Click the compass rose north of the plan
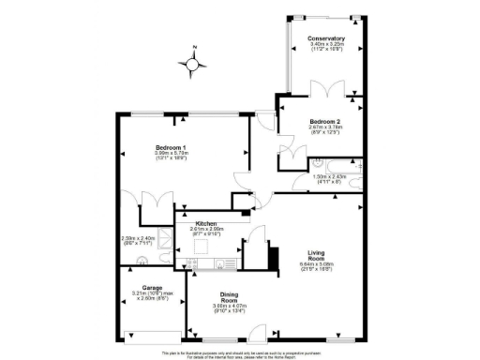[196, 64]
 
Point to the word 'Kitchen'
[207, 223]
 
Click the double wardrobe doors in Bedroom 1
[151, 202]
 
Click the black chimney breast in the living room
[274, 255]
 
